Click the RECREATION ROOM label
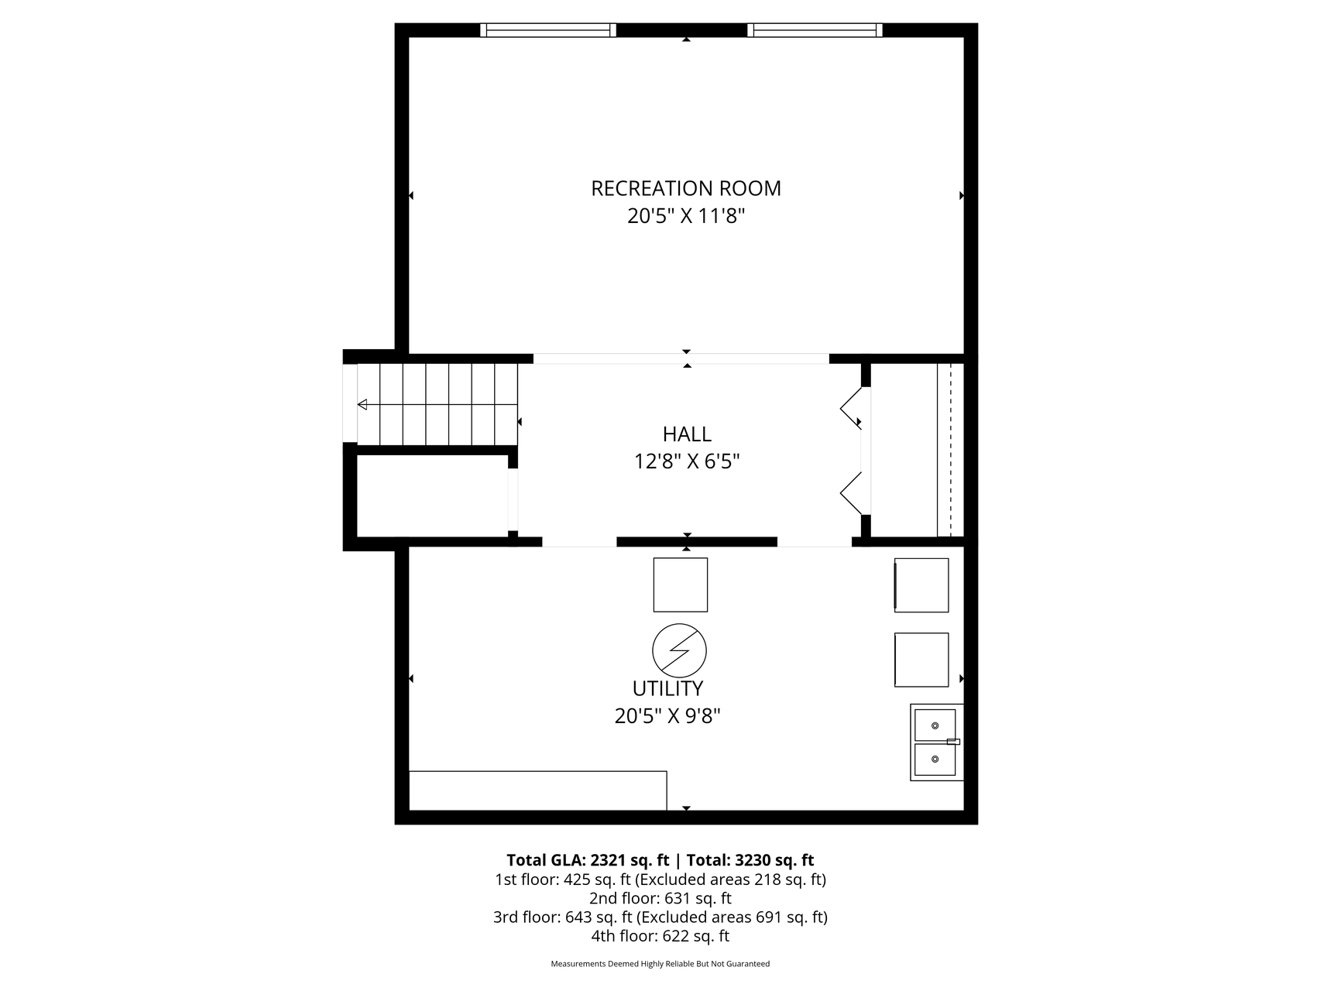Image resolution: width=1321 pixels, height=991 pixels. (686, 188)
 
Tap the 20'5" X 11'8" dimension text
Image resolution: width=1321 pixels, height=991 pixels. (686, 216)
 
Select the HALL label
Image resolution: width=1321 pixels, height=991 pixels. (687, 434)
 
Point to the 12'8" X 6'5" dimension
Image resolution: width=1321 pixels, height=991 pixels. (687, 461)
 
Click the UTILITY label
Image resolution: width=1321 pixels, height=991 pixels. (667, 688)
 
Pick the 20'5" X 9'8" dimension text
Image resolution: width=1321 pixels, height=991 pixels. (667, 716)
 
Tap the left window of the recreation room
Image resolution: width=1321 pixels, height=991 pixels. (547, 30)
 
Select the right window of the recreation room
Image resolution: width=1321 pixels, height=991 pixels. (815, 30)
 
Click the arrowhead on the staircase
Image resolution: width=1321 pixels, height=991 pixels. (362, 404)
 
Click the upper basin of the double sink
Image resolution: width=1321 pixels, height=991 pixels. (935, 725)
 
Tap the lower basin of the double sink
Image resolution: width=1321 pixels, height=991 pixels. (935, 760)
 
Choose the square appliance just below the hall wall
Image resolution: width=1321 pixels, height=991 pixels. (680, 585)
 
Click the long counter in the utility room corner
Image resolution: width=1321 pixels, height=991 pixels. (537, 790)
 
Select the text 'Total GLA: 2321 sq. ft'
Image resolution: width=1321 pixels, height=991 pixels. (588, 860)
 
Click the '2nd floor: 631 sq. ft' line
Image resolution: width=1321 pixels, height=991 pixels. (660, 898)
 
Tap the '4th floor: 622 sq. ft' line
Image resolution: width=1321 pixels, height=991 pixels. (660, 935)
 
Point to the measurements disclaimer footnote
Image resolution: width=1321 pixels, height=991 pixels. (660, 964)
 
